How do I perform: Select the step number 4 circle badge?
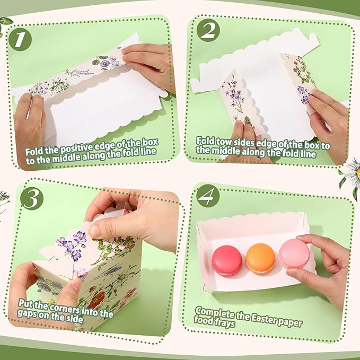pos(208,197)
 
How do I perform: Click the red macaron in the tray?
pos(226,259)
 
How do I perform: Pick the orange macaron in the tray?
pos(260,258)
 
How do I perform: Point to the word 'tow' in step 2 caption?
pos(224,142)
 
